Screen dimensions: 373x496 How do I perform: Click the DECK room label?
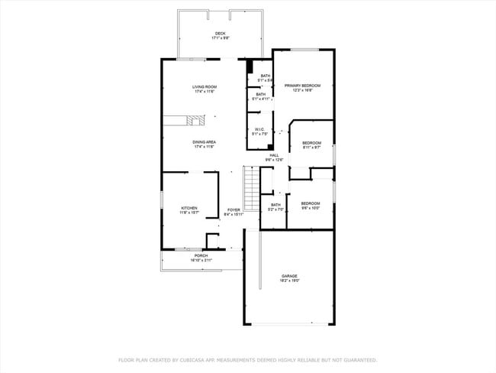(220, 33)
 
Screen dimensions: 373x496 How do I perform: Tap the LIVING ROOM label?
(204, 87)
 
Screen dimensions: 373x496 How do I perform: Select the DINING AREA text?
(204, 142)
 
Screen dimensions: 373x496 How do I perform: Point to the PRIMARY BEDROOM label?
(302, 86)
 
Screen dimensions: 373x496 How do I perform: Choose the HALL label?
(274, 155)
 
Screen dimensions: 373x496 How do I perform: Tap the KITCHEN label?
(189, 208)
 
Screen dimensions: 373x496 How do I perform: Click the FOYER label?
(234, 210)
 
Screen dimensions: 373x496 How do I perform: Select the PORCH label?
(201, 256)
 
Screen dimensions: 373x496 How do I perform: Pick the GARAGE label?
(289, 276)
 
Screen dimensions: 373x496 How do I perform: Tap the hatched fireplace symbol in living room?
(195, 120)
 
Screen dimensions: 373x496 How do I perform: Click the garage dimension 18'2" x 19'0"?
(289, 281)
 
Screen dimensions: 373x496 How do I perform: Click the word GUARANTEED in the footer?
(358, 359)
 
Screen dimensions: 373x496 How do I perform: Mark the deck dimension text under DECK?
(220, 37)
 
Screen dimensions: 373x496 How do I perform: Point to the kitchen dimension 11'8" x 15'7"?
(189, 212)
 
